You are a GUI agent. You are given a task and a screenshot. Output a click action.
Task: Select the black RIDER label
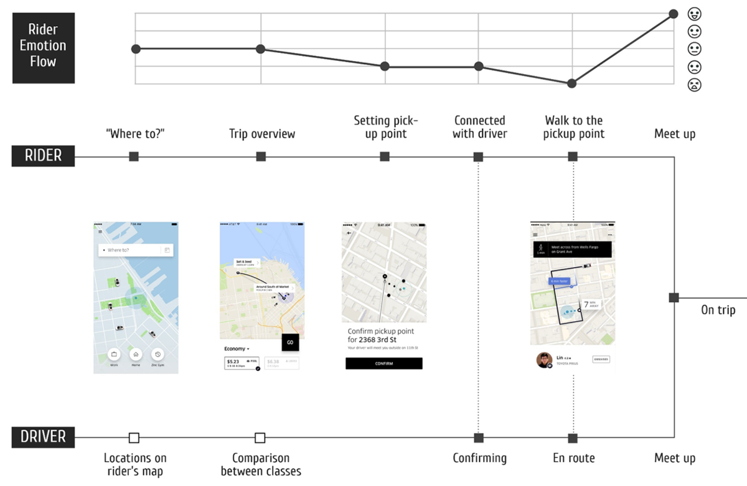tap(43, 156)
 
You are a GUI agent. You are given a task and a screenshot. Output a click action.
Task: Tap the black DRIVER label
tap(43, 437)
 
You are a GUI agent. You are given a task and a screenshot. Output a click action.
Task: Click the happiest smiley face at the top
tap(694, 13)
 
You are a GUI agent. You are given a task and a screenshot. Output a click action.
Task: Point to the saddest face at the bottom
tap(694, 85)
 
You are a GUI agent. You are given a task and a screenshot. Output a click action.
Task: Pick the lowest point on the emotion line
tap(572, 83)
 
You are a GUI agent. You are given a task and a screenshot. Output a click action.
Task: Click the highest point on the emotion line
tap(674, 14)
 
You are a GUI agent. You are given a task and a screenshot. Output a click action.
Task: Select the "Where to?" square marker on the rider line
tap(134, 157)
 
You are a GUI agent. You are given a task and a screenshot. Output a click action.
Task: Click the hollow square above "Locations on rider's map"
tap(134, 437)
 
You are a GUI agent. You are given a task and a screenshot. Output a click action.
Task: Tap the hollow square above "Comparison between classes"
tap(260, 437)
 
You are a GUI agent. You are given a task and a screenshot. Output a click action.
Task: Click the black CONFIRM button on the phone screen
tap(383, 363)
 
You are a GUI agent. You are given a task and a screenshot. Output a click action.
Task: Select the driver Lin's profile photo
tap(544, 360)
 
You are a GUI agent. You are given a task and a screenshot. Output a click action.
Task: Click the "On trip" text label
tap(718, 310)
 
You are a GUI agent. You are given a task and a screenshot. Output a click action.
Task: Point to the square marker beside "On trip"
tap(674, 297)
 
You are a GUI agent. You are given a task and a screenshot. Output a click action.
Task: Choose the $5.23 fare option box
tap(242, 363)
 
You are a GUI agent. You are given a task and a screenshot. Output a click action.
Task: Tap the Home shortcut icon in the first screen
tap(136, 354)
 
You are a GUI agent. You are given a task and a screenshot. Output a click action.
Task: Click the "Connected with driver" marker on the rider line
tap(478, 157)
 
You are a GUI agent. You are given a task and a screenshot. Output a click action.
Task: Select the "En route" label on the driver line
tap(573, 459)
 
